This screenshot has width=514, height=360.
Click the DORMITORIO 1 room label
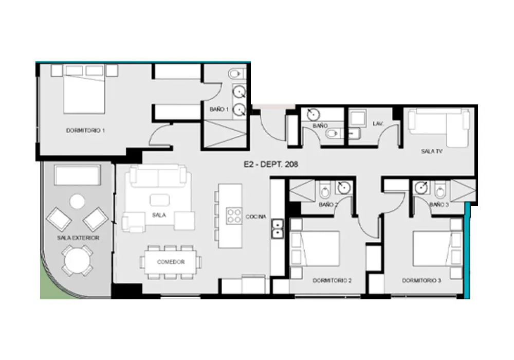(x=85, y=131)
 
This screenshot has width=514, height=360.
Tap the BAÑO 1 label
(x=219, y=109)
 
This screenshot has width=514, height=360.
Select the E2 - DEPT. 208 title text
(x=271, y=164)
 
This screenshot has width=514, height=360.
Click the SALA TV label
(x=432, y=151)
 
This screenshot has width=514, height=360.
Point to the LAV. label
(x=378, y=124)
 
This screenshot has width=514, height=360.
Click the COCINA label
(x=256, y=217)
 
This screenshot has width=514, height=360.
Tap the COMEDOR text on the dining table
(x=171, y=262)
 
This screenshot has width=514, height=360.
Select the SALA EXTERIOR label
(x=78, y=238)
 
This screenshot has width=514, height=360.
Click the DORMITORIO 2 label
(x=332, y=281)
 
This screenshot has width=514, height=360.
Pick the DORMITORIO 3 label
(x=421, y=281)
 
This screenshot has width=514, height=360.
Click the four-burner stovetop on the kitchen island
(x=234, y=215)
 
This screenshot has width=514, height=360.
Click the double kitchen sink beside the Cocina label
(x=278, y=228)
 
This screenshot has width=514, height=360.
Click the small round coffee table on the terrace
(x=78, y=202)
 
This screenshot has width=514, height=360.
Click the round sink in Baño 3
(x=420, y=188)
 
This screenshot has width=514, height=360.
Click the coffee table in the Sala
(x=160, y=200)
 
